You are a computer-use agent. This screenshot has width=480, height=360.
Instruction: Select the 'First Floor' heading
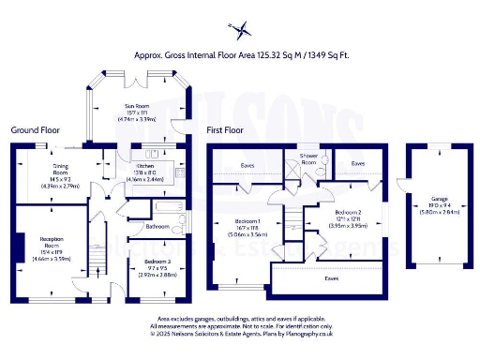226,130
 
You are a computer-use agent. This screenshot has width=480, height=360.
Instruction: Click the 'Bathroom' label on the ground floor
157,226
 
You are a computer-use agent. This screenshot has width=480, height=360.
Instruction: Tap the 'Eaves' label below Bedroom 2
331,277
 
